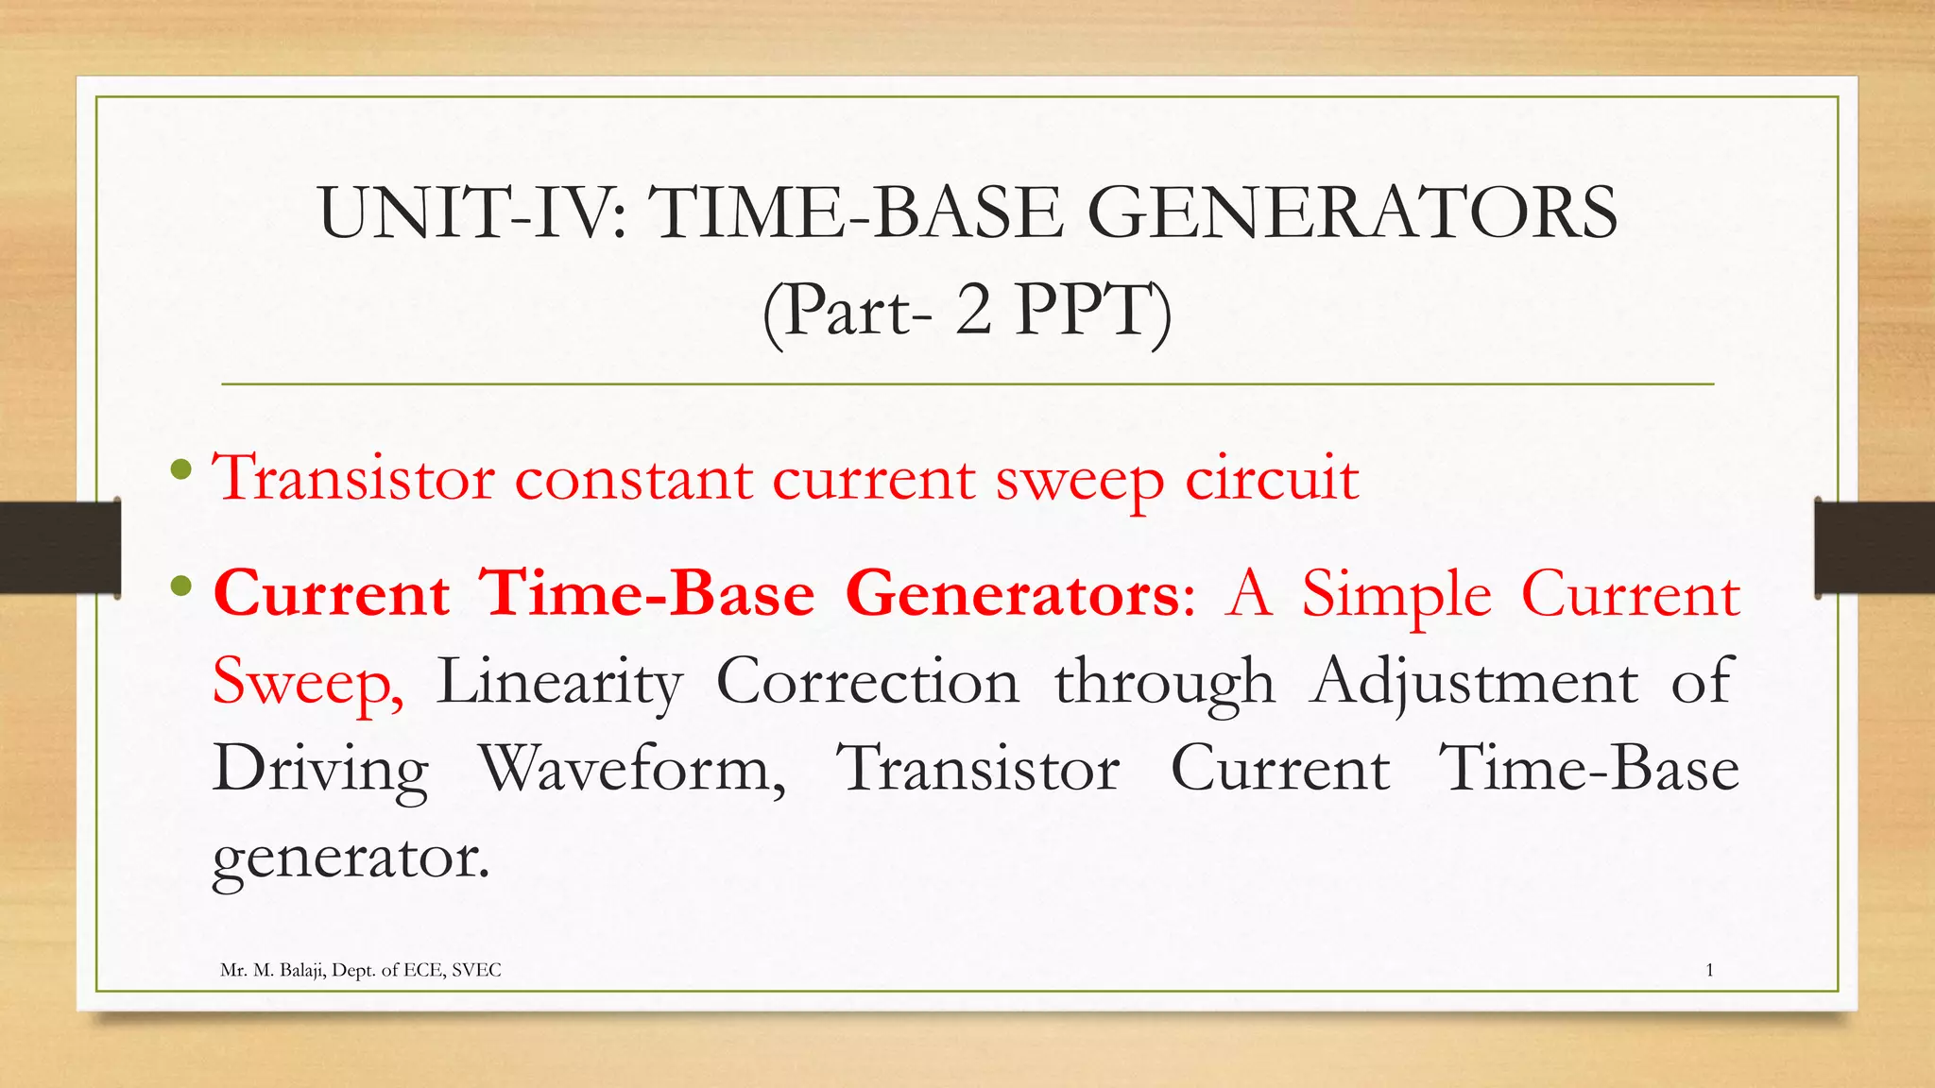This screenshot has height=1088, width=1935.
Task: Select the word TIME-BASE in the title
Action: point(854,213)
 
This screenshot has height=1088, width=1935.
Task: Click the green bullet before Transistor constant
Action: point(182,468)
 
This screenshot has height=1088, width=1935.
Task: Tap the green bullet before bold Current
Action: point(182,586)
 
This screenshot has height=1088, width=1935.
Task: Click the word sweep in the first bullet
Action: point(1079,480)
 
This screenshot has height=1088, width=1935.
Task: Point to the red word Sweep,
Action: point(308,682)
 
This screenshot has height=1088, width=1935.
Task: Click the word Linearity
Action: point(559,682)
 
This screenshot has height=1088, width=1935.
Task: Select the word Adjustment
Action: point(1474,682)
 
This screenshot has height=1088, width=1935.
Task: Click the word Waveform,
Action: point(632,769)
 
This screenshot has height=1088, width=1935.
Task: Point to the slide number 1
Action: point(1709,970)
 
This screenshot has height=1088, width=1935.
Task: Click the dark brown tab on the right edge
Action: point(1874,547)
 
